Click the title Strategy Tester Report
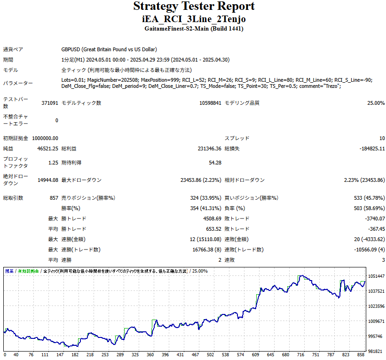pos(194,7)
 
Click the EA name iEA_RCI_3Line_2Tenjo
pos(194,19)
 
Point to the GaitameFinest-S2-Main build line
pos(194,29)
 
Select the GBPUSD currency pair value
pos(109,49)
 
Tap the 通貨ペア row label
pos(13,49)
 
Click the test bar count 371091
pos(50,103)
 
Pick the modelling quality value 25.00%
pos(376,103)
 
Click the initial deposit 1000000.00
pos(45,138)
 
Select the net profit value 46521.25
pos(48,149)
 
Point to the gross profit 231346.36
pos(209,149)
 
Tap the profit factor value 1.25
pos(53,163)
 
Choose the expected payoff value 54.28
pos(215,163)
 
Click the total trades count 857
pos(54,198)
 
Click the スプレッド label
pos(237,138)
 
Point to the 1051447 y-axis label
pos(376,276)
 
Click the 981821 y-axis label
pos(376,351)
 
